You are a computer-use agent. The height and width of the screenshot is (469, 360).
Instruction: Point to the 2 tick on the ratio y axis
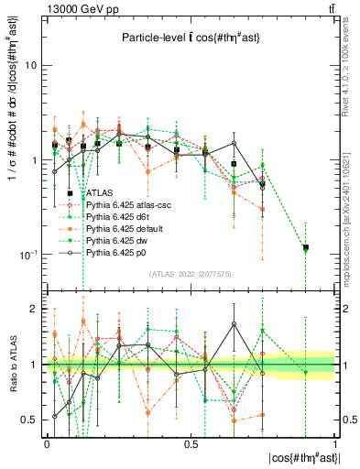click(x=35, y=309)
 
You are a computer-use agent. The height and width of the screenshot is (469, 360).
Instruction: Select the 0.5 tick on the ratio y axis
click(x=30, y=420)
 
